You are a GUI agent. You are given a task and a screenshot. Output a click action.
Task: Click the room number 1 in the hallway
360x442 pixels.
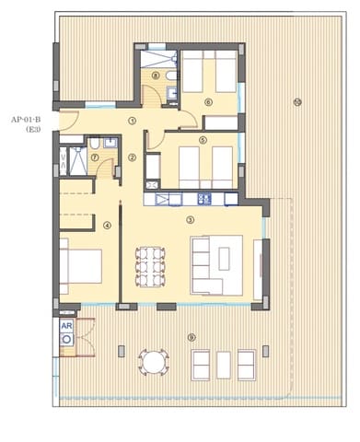pyautogui.click(x=133, y=120)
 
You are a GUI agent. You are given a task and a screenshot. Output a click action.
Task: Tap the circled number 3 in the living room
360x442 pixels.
pyautogui.click(x=190, y=219)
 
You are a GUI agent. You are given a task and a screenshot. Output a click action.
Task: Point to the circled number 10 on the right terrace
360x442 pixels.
pyautogui.click(x=296, y=101)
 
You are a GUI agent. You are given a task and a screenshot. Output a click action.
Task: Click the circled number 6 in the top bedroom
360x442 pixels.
pyautogui.click(x=208, y=102)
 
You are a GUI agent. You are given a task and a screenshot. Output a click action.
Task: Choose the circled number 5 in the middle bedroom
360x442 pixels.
pyautogui.click(x=203, y=140)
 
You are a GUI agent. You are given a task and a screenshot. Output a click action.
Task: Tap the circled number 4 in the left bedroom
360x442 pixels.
pyautogui.click(x=107, y=224)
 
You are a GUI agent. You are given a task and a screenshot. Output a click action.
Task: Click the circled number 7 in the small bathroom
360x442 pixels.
pyautogui.click(x=96, y=157)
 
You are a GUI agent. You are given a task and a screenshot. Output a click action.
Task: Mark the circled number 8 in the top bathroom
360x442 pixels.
pyautogui.click(x=156, y=76)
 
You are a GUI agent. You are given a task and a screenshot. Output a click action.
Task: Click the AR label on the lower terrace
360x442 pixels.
pyautogui.click(x=66, y=326)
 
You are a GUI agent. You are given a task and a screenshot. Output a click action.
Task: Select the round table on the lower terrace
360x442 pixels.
pyautogui.click(x=153, y=363)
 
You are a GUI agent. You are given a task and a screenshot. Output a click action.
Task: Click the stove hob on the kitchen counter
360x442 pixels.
pyautogui.click(x=205, y=198)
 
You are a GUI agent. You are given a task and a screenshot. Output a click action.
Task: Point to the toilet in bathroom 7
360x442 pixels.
pyautogui.click(x=95, y=143)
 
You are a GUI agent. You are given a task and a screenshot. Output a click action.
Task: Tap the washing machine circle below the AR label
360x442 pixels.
pyautogui.click(x=66, y=340)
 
